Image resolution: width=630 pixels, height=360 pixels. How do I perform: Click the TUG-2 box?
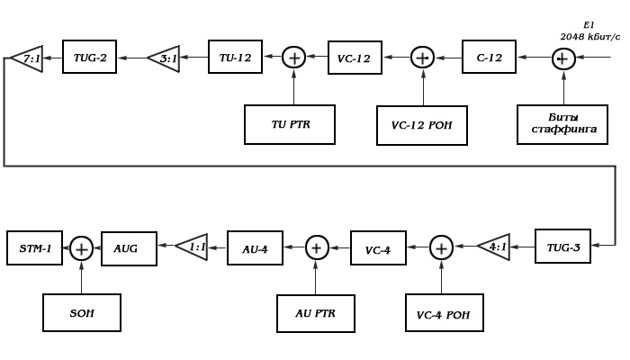click(x=90, y=58)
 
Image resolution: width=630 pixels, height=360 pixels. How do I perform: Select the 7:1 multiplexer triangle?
click(x=28, y=58)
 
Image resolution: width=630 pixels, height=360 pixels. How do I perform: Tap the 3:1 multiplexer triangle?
click(x=165, y=58)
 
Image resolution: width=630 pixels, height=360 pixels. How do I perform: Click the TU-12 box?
click(x=235, y=58)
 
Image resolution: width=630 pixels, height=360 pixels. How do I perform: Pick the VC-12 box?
click(x=355, y=58)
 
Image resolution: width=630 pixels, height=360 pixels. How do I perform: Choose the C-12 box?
click(x=489, y=57)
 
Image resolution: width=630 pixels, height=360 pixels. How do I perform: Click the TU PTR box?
click(x=290, y=124)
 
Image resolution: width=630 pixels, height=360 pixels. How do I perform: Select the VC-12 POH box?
click(x=422, y=125)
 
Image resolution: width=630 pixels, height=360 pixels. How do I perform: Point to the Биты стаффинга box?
click(x=562, y=124)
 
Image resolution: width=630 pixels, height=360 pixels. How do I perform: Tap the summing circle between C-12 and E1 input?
click(x=563, y=58)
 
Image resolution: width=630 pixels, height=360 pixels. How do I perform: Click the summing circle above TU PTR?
click(x=294, y=58)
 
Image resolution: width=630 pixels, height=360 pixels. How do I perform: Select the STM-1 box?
click(x=35, y=247)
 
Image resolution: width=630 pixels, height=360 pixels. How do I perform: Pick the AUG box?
click(x=129, y=247)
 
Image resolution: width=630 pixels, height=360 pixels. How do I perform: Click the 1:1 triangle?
click(x=193, y=247)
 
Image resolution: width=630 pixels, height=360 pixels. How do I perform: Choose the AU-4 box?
click(x=255, y=247)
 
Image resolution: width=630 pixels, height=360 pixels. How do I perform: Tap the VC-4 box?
click(x=378, y=248)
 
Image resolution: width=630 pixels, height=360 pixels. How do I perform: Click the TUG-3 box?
click(x=562, y=246)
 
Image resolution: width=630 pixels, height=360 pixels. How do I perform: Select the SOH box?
click(x=82, y=312)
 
